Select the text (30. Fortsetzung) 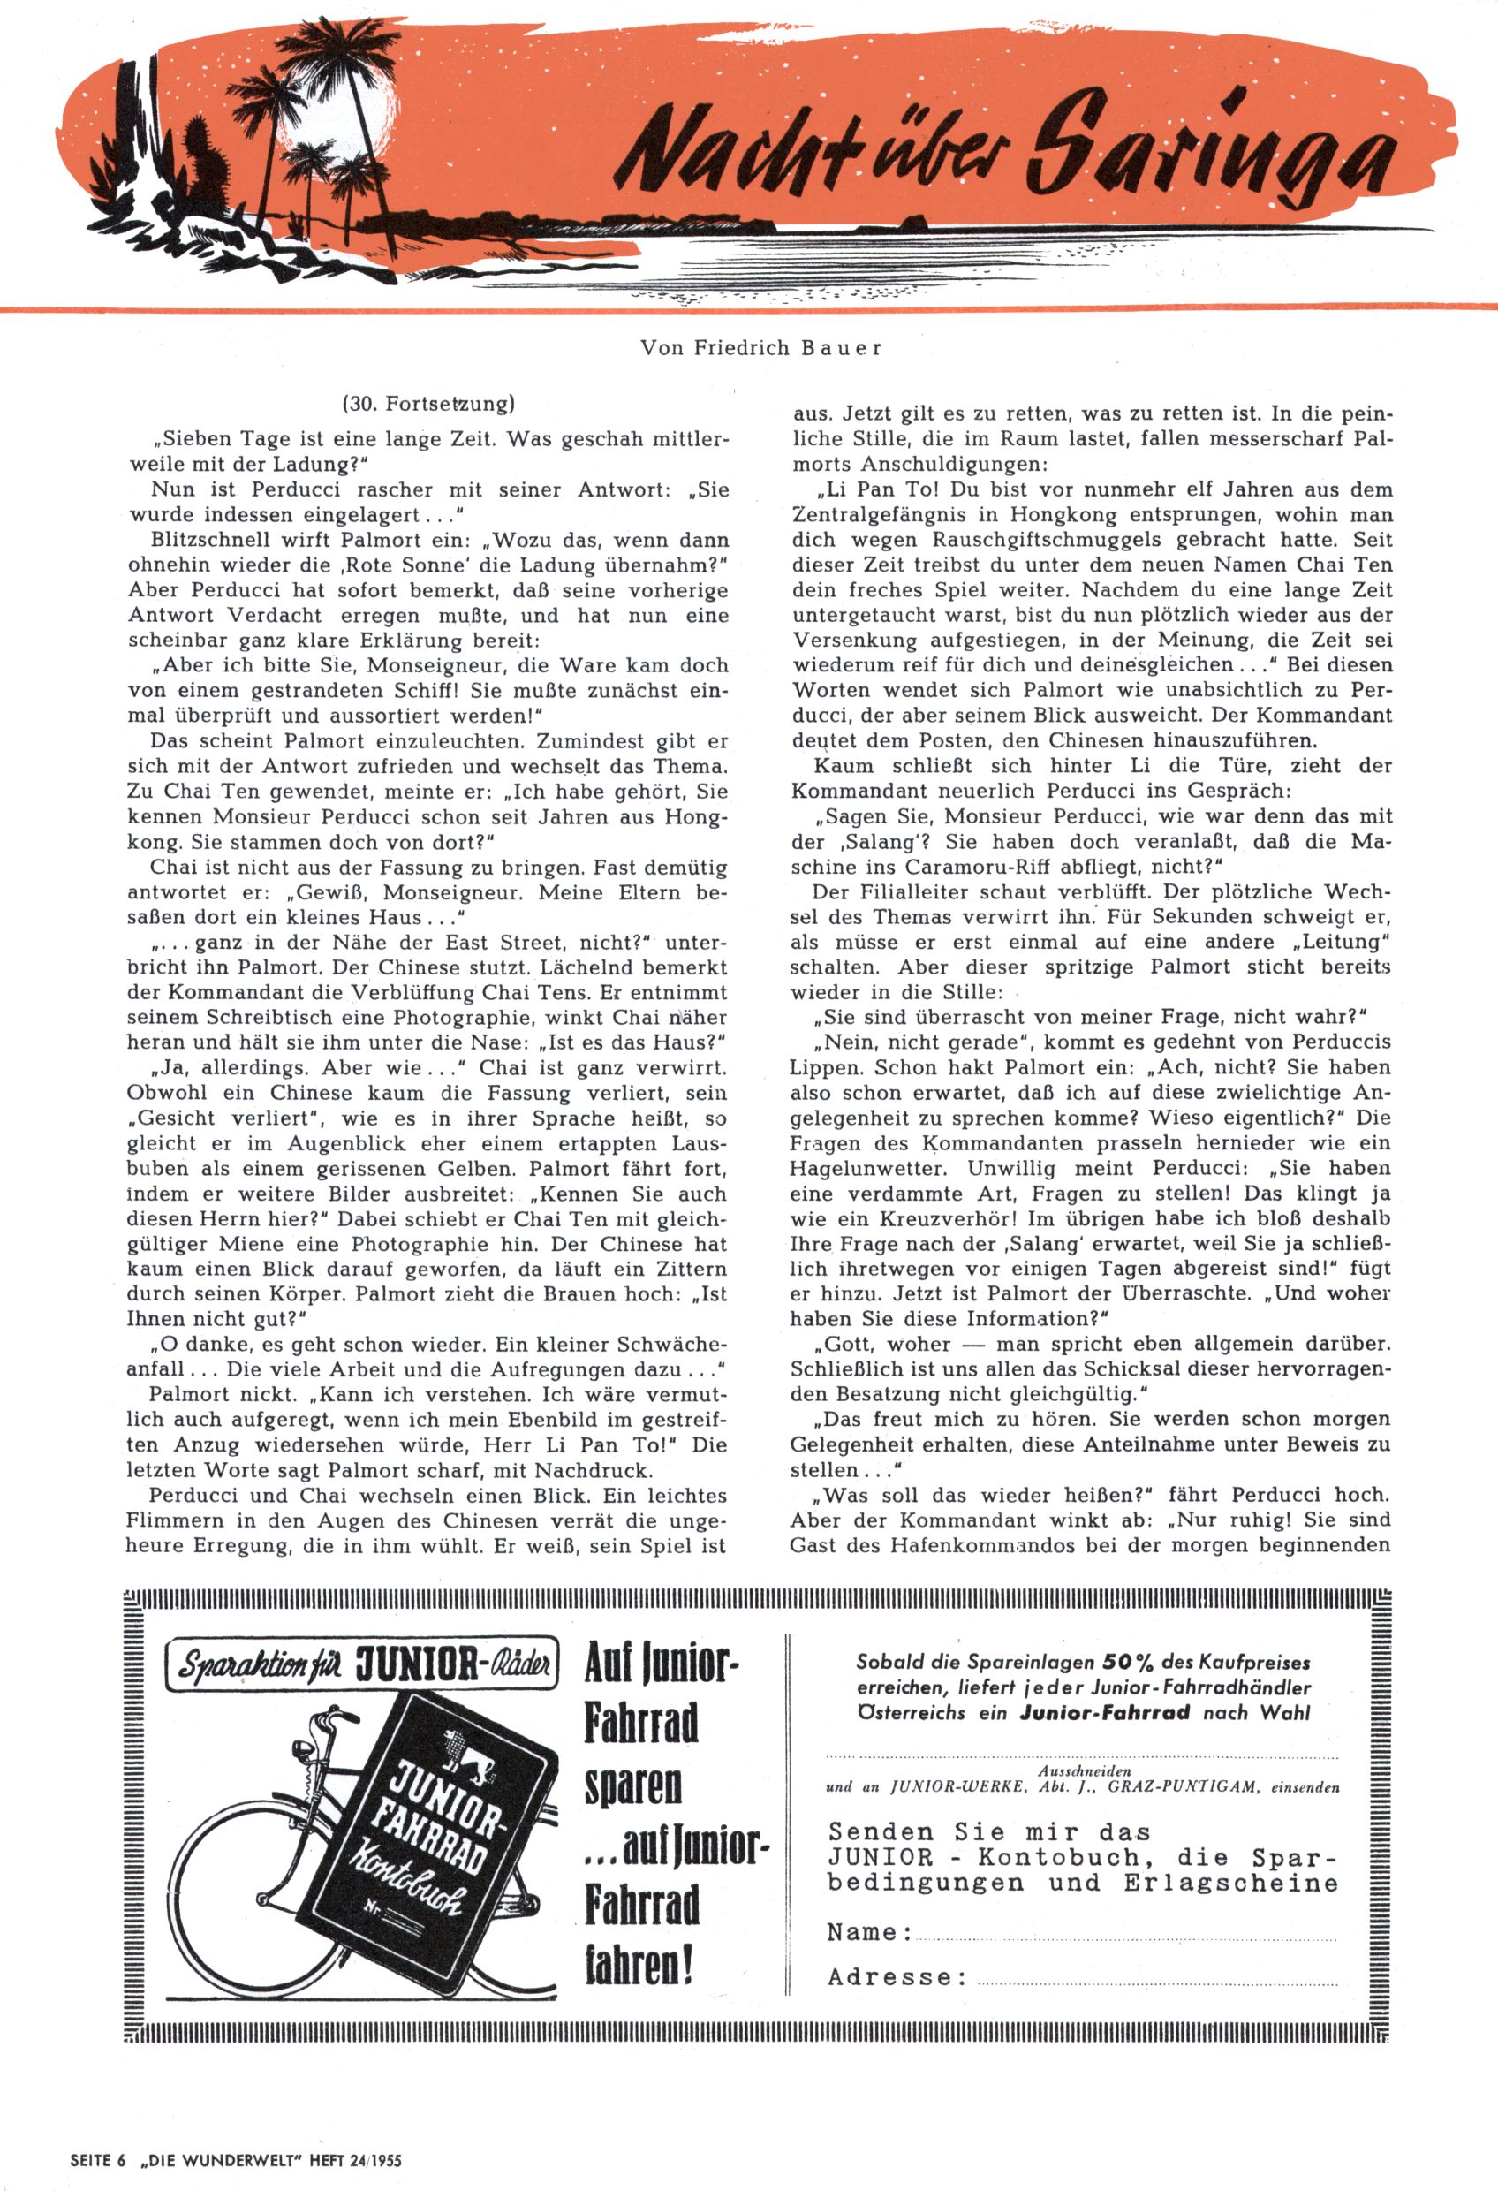pos(428,405)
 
